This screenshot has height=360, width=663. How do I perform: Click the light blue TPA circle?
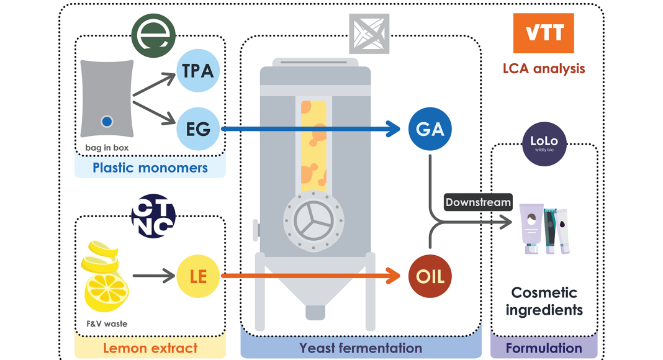[x=197, y=71]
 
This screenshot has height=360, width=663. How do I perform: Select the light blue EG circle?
[x=197, y=129]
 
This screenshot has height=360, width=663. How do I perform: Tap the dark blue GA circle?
[x=430, y=129]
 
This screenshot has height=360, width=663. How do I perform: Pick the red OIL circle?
[x=430, y=276]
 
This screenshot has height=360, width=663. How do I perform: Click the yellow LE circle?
[x=197, y=276]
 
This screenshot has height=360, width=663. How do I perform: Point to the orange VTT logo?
[x=543, y=33]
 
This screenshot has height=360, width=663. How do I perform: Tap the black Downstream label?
[x=478, y=202]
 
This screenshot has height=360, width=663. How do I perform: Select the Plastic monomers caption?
[x=150, y=168]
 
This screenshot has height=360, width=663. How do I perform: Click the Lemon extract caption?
[x=150, y=348]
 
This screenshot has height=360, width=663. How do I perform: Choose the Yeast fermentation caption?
[x=361, y=348]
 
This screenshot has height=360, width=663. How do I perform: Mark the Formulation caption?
[x=544, y=348]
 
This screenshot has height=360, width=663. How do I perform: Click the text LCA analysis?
[x=543, y=68]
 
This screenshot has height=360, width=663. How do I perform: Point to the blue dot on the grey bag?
[x=107, y=122]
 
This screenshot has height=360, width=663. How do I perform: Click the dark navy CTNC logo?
[x=154, y=216]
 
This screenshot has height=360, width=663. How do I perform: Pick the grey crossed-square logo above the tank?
[x=369, y=33]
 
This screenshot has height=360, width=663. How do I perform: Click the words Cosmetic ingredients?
[x=544, y=301]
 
